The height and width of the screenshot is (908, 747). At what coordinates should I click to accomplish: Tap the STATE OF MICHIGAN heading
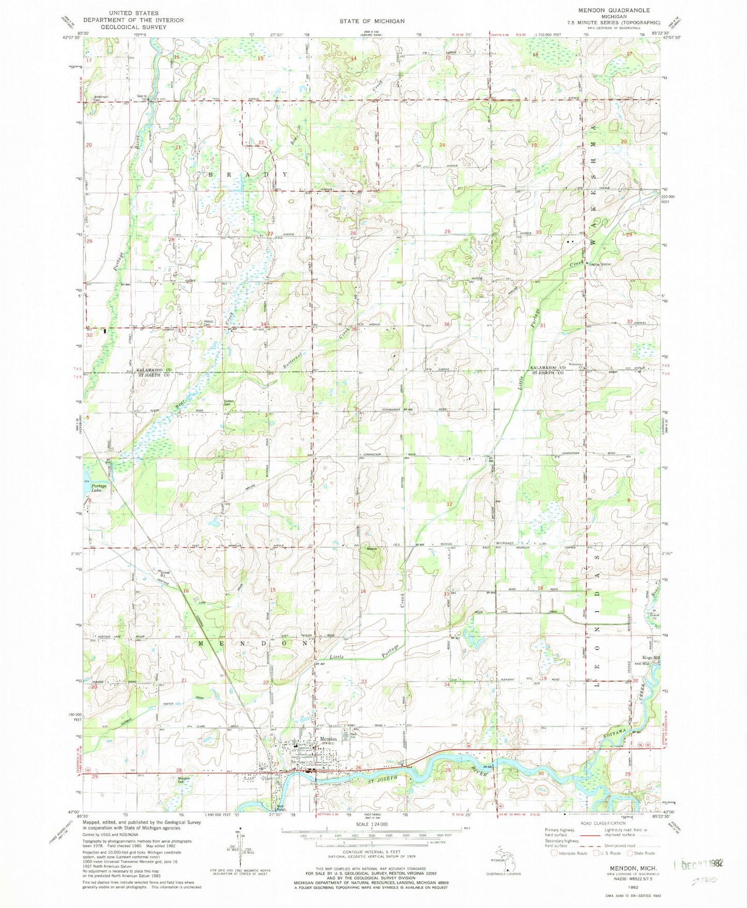pos(372,21)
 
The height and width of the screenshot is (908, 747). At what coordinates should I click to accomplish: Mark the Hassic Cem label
pos(209,323)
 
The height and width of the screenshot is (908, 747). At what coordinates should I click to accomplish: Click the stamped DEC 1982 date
pos(699,864)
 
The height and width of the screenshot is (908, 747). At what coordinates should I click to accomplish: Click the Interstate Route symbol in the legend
pos(555,853)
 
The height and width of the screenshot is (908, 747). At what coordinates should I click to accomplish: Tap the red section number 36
pos(447,325)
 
